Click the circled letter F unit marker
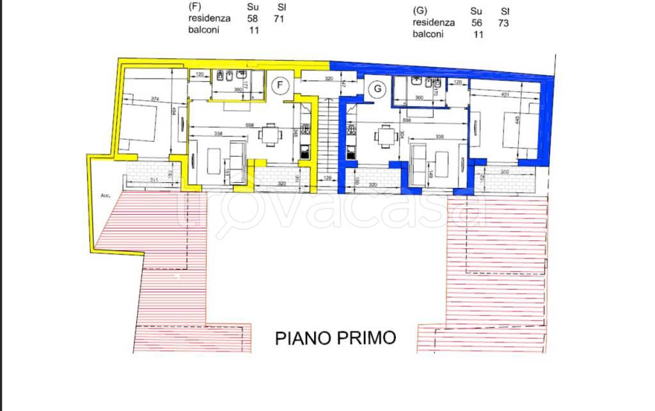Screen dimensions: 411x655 coord(280,85)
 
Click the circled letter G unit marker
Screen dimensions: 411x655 coord(378,89)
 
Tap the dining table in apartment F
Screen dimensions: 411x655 coord(269,135)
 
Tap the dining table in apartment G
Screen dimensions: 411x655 coord(384,136)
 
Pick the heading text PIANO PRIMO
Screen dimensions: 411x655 coord(336,337)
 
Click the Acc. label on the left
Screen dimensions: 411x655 coord(106,196)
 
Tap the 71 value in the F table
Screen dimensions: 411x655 coord(278,19)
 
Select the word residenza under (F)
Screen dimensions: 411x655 coord(209,19)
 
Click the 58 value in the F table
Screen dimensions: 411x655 coord(253,19)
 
